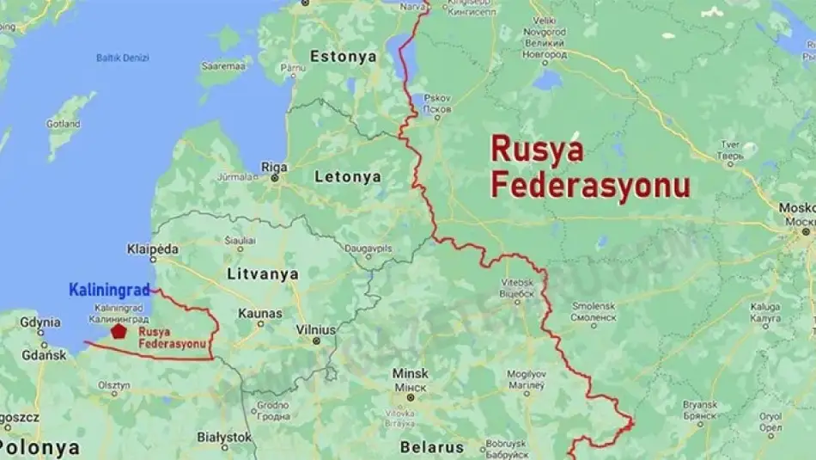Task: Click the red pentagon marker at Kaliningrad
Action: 119,331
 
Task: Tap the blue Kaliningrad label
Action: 109,290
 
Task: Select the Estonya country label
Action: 344,57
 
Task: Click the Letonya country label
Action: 347,176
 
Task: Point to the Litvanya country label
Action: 263,273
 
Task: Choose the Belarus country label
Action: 432,447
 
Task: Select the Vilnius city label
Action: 315,329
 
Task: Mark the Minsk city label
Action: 410,374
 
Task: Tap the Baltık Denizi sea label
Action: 122,58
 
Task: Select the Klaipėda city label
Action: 152,248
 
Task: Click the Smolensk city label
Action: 594,305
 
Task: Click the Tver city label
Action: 731,144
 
